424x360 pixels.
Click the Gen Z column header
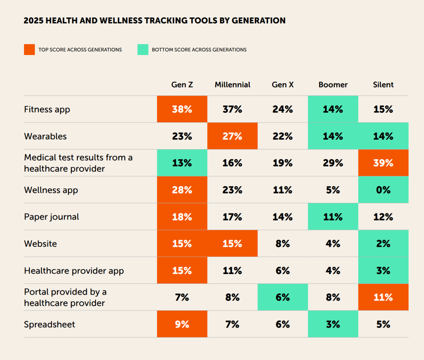[182, 84]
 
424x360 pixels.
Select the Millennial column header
[233, 84]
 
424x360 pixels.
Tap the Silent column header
[383, 84]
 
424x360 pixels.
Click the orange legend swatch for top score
[29, 49]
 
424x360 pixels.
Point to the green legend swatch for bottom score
[143, 49]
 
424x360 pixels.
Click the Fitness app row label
[47, 109]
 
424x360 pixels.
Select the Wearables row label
[45, 136]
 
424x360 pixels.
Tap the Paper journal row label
[51, 217]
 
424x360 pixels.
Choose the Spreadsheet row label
[49, 324]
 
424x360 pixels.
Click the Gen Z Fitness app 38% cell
[182, 109]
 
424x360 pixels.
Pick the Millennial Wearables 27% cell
[233, 136]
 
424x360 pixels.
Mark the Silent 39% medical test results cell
[383, 163]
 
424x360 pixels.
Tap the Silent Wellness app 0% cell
[383, 190]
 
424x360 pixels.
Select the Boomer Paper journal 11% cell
[333, 217]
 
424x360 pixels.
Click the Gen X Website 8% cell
[283, 244]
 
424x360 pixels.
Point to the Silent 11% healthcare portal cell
[383, 297]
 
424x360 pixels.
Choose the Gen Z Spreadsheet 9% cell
[182, 324]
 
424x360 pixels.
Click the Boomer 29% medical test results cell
[333, 163]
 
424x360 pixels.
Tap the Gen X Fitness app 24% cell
[283, 109]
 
